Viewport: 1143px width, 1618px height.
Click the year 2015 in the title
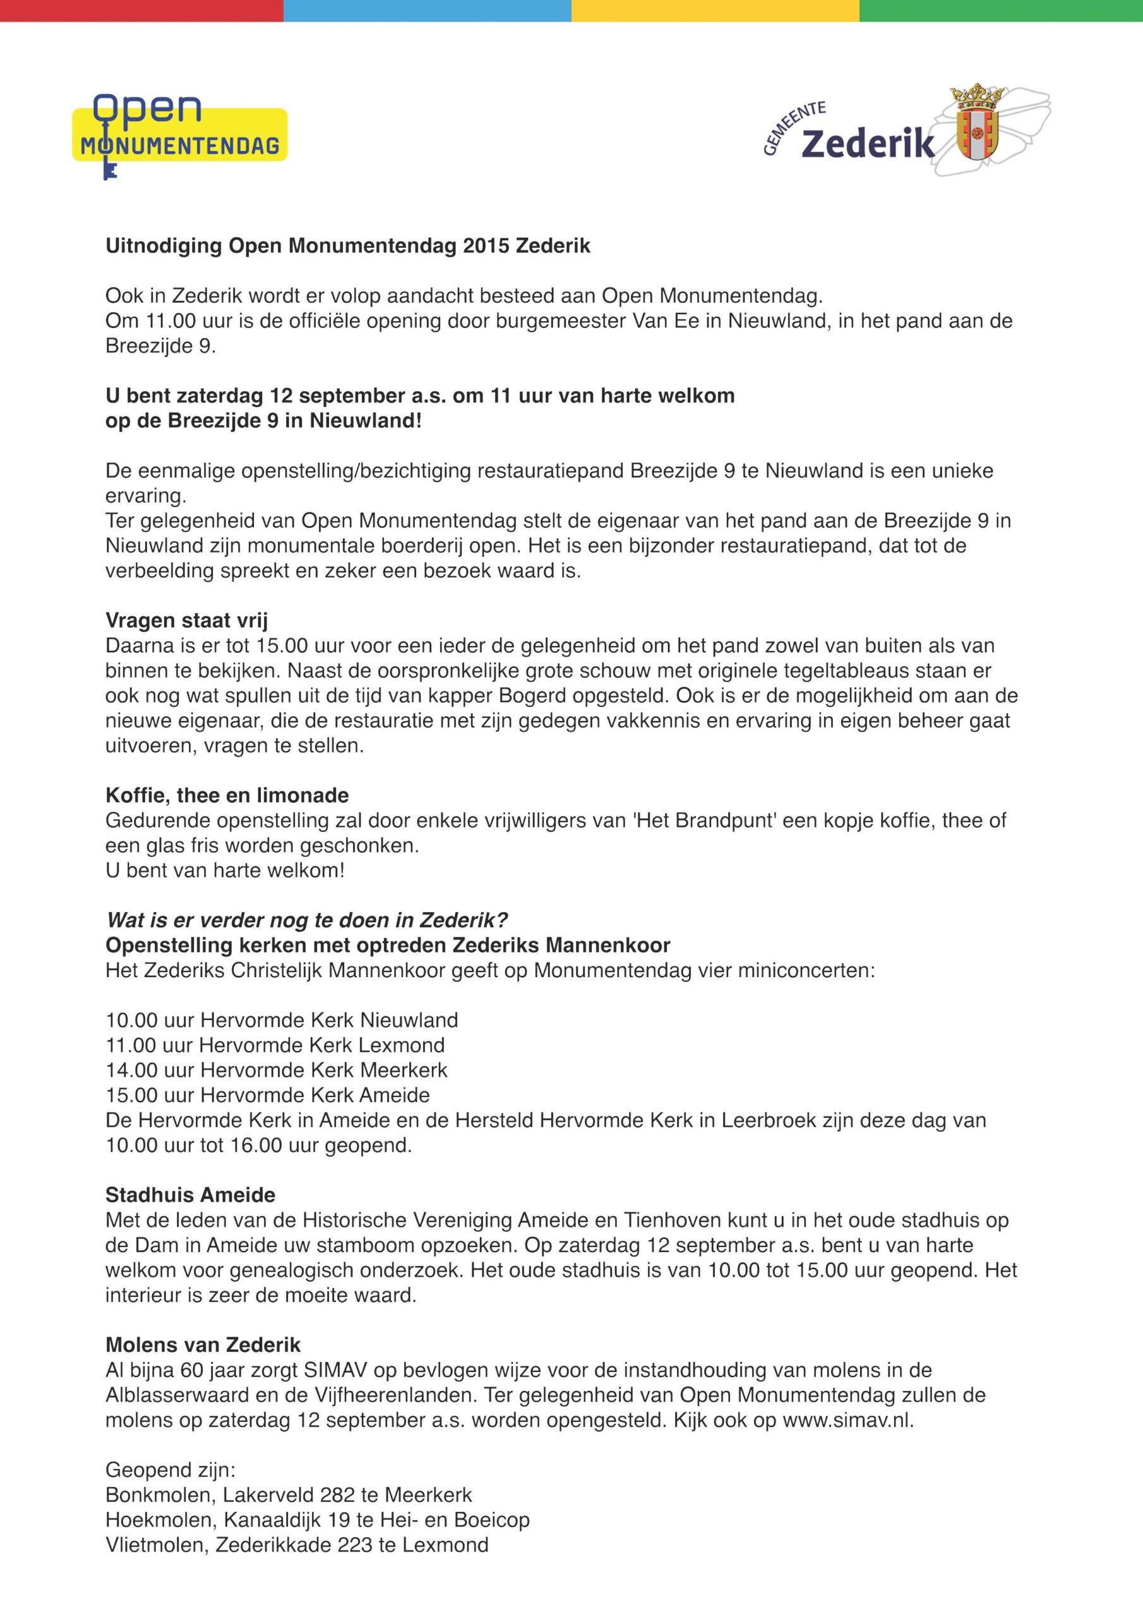pos(487,246)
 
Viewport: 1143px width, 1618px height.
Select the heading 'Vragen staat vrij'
pos(187,620)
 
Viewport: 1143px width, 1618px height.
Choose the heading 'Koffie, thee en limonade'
pos(227,795)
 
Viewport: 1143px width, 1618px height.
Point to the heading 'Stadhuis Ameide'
pos(190,1195)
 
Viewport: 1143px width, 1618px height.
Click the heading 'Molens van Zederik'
pos(203,1344)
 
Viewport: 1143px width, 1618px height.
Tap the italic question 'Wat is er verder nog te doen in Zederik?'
pos(307,920)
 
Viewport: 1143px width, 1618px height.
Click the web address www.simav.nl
pos(847,1420)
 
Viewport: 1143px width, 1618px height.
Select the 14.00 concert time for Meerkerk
pos(131,1070)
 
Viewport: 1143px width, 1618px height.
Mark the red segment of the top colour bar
pos(141,10)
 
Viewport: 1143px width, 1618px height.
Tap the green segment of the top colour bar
pos(1000,10)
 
